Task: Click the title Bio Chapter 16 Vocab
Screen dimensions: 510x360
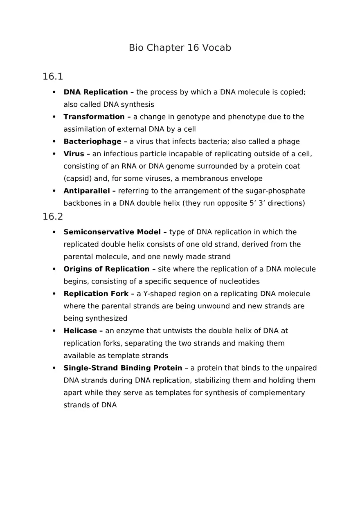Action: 180,48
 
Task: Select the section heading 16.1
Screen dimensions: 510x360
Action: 52,76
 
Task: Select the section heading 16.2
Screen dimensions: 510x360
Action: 52,216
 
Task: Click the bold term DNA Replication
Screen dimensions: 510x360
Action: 96,92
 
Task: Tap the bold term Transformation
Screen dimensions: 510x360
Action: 94,117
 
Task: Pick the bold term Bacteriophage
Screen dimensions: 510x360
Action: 92,142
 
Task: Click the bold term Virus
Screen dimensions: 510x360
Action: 74,154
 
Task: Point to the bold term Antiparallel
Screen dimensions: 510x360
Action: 87,191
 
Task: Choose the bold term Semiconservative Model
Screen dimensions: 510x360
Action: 112,232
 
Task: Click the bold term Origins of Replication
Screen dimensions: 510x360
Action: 106,269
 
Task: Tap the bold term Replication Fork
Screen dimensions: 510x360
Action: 96,294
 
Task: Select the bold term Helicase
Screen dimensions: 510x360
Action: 80,330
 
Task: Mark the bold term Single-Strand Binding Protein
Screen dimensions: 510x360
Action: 123,368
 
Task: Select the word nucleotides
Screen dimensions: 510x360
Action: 239,281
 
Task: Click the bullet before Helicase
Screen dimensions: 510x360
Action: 54,330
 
